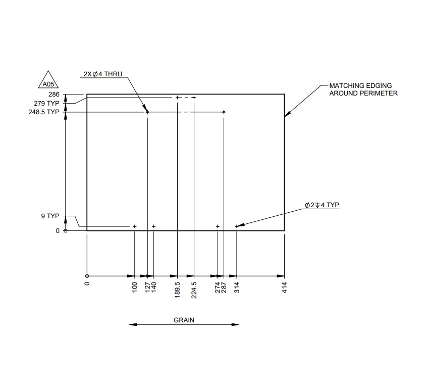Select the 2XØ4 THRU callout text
click(103, 74)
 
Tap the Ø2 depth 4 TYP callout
click(322, 205)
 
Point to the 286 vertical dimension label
click(54, 94)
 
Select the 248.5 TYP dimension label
click(46, 112)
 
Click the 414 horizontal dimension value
click(284, 289)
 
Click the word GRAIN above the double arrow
click(184, 320)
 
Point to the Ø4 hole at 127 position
click(147, 112)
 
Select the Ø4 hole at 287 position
click(224, 112)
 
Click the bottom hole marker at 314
click(236, 226)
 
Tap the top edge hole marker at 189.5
click(177, 97)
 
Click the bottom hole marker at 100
click(135, 226)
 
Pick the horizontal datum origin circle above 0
click(87, 276)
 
